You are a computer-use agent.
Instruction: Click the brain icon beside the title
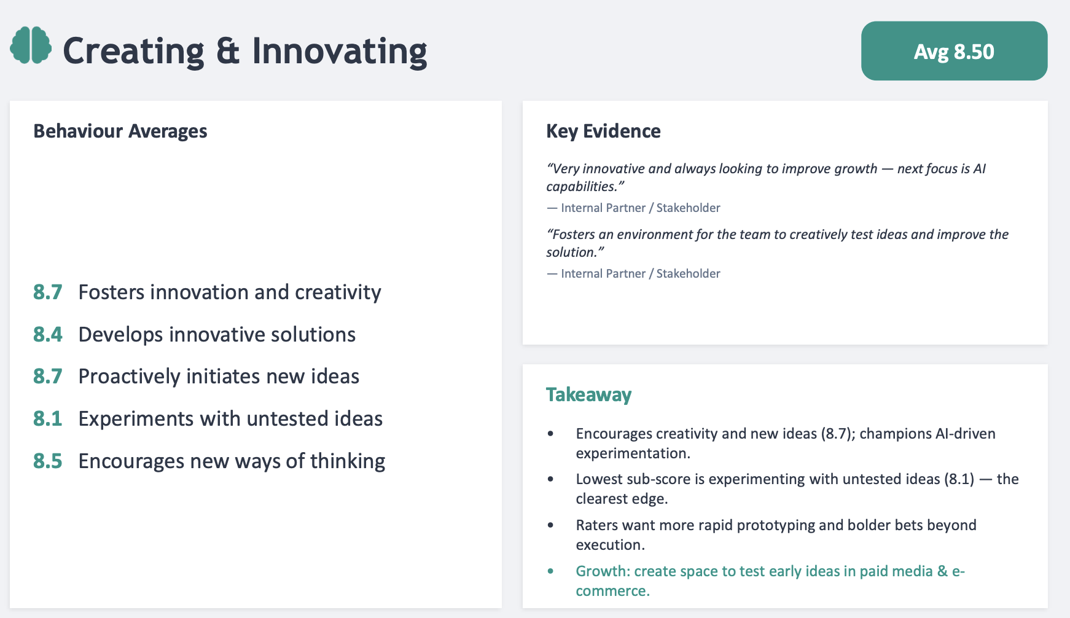(x=31, y=45)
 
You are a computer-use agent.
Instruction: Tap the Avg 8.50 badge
(x=954, y=51)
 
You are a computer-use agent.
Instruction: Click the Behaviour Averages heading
(x=120, y=131)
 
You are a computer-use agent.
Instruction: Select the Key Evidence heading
(x=603, y=131)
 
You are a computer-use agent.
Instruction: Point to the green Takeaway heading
(x=588, y=394)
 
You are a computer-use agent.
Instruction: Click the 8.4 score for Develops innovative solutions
(x=48, y=334)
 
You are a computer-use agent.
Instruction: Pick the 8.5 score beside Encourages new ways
(x=48, y=461)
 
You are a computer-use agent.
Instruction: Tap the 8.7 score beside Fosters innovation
(x=48, y=292)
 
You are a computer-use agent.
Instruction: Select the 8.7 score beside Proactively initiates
(x=48, y=376)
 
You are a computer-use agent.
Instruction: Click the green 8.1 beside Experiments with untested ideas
(x=48, y=418)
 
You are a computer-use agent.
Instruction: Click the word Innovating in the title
(x=340, y=51)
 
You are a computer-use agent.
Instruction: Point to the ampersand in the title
(x=228, y=51)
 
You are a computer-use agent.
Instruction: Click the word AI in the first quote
(x=979, y=168)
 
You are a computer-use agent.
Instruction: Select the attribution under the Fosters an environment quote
(x=633, y=273)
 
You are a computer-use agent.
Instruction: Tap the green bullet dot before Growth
(x=550, y=571)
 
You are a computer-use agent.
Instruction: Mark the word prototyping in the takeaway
(x=776, y=526)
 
